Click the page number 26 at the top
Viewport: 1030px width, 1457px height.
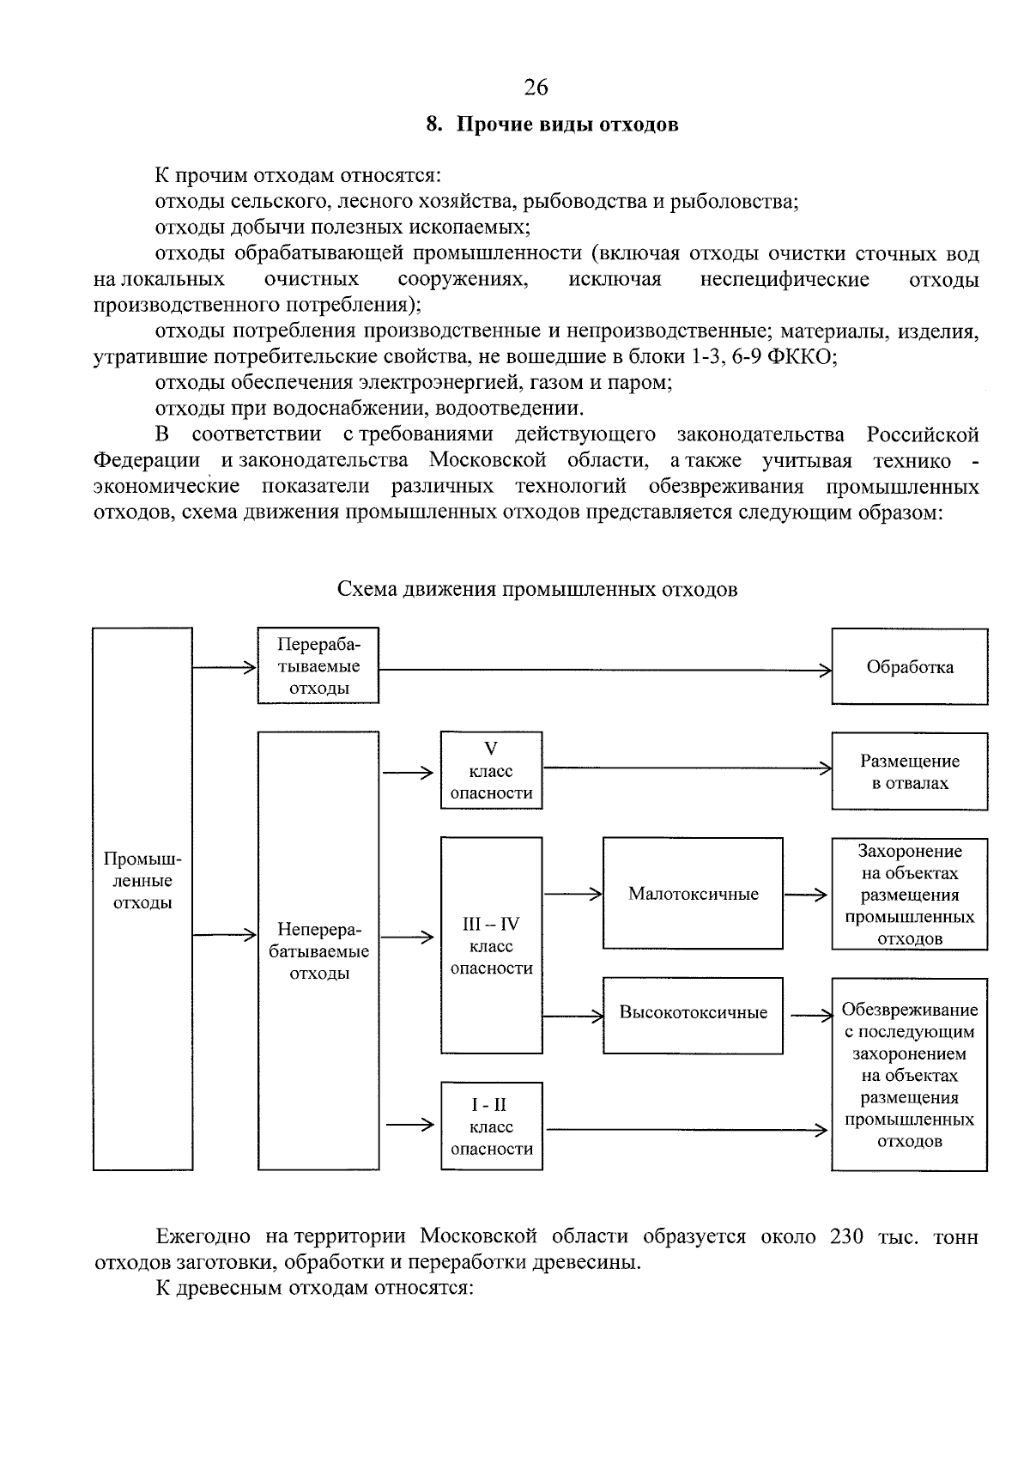click(x=536, y=88)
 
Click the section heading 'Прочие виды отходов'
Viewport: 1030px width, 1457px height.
click(x=566, y=124)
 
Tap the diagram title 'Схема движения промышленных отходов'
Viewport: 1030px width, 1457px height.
click(x=536, y=590)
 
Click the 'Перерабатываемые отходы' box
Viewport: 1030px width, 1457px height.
click(x=318, y=666)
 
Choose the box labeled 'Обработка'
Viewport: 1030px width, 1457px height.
click(x=909, y=667)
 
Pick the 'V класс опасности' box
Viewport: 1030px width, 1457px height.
click(x=491, y=770)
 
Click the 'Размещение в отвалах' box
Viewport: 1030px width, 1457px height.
click(x=909, y=771)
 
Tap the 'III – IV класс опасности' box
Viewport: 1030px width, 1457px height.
click(x=491, y=945)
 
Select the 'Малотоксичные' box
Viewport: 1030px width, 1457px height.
click(x=693, y=894)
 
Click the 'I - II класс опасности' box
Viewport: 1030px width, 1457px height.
click(x=491, y=1126)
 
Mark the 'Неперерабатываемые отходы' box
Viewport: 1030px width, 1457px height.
click(x=318, y=950)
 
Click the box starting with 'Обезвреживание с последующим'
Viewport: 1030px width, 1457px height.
click(x=909, y=1075)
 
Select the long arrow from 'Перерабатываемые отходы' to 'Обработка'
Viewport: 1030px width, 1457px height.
click(x=601, y=670)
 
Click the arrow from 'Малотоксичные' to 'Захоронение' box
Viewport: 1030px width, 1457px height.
click(x=806, y=895)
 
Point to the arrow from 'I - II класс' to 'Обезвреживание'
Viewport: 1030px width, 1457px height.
click(x=687, y=1130)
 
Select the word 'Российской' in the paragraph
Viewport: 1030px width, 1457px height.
click(x=922, y=434)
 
